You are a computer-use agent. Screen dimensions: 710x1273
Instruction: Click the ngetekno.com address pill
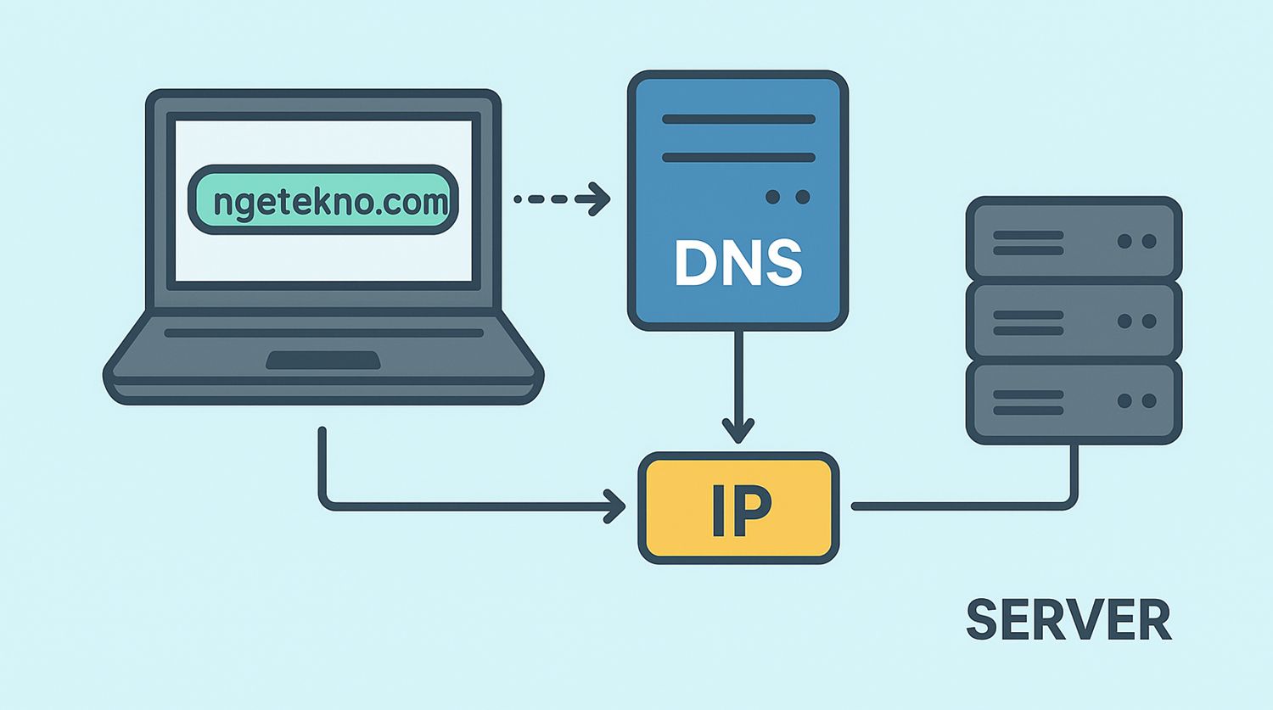(323, 201)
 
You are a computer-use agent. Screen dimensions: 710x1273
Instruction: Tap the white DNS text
(737, 262)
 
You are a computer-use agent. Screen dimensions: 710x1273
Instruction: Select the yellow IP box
(738, 507)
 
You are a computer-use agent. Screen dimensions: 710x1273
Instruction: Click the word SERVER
(1068, 620)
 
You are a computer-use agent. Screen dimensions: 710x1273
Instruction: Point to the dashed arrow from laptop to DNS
(561, 199)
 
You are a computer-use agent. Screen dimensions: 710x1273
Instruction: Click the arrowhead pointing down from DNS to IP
(738, 431)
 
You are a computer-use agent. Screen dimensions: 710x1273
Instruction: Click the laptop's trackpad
(322, 361)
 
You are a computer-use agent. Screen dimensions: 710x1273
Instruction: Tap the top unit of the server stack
(1074, 238)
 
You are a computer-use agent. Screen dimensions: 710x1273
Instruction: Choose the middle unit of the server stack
(1074, 321)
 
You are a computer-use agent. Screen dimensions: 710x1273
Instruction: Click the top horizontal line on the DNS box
(738, 120)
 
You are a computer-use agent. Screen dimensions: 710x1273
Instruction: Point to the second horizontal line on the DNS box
(738, 158)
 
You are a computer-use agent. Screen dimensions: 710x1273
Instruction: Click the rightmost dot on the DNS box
(802, 197)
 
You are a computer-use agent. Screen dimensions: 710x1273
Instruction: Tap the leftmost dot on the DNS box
(772, 197)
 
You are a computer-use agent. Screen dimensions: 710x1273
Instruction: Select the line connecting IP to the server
(959, 506)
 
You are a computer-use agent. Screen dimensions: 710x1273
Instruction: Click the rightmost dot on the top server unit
(1149, 242)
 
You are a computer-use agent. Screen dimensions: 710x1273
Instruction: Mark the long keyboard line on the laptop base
(323, 333)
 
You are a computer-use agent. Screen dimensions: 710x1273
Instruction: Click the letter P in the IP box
(754, 511)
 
